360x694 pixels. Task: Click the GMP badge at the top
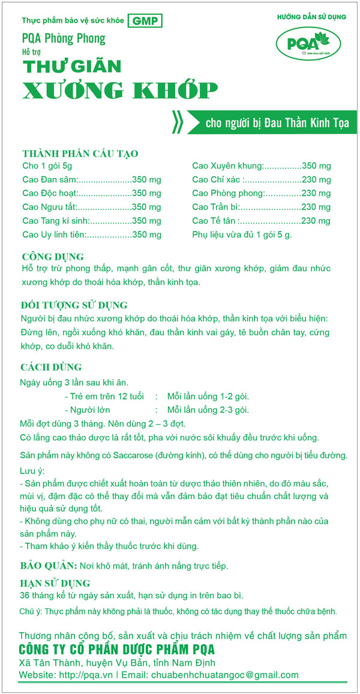pyautogui.click(x=145, y=20)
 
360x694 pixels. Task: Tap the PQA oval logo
pyautogui.click(x=308, y=46)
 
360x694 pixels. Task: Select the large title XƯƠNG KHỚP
pyautogui.click(x=119, y=91)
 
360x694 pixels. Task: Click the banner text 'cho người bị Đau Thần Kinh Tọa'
pyautogui.click(x=277, y=124)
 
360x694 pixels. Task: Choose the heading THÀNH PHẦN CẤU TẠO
pyautogui.click(x=80, y=154)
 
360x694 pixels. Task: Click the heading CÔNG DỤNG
pyautogui.click(x=52, y=257)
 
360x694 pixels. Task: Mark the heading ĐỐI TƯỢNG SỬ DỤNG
pyautogui.click(x=74, y=305)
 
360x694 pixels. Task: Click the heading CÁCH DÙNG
pyautogui.click(x=51, y=367)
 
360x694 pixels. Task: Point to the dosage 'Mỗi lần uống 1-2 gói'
pyautogui.click(x=208, y=396)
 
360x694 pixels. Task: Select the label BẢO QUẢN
pyautogui.click(x=48, y=566)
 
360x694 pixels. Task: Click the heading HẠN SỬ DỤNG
pyautogui.click(x=55, y=583)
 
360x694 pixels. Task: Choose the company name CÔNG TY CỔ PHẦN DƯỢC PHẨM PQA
pyautogui.click(x=116, y=650)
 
